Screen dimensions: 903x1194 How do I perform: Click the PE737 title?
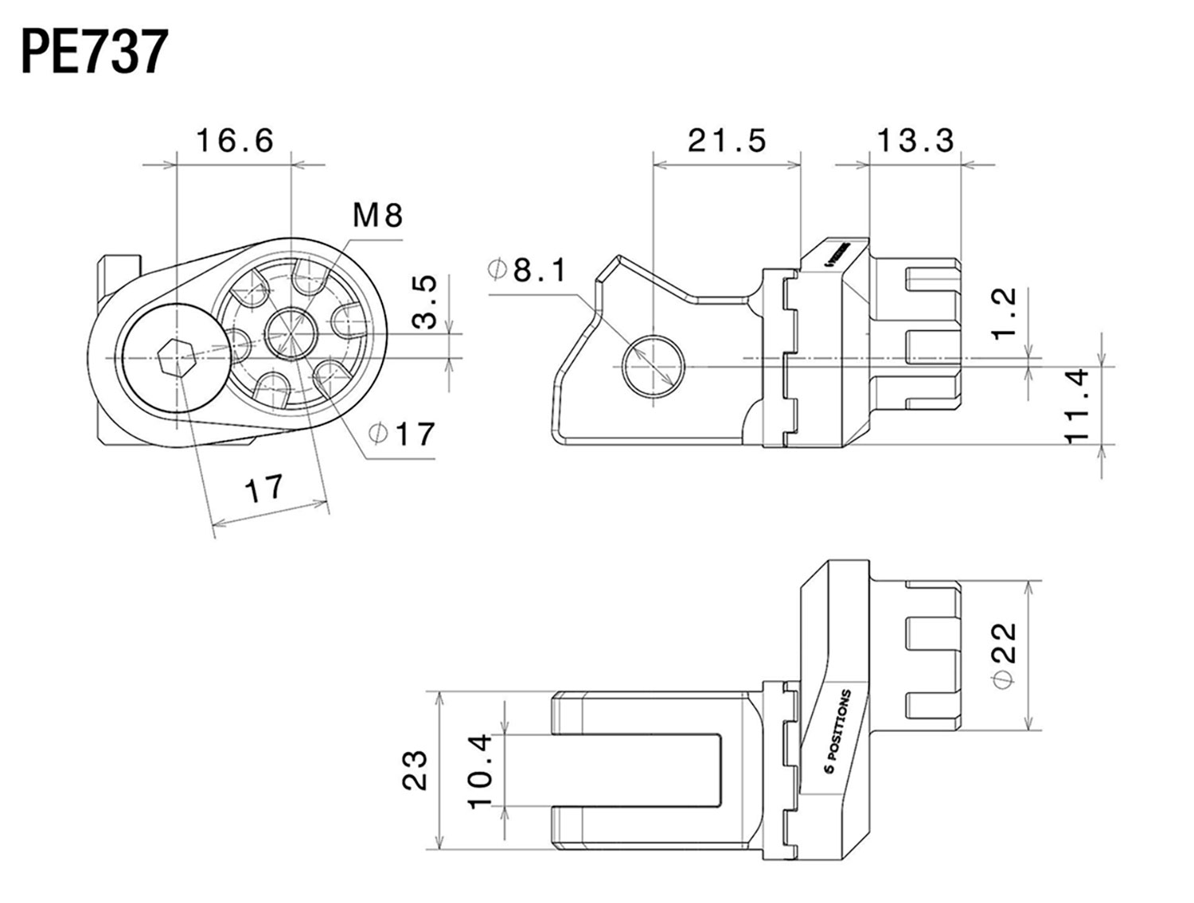click(94, 53)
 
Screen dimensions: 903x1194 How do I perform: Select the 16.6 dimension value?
click(235, 142)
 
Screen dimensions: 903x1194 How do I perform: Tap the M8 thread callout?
click(377, 215)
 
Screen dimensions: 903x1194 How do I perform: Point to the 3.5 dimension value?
click(427, 302)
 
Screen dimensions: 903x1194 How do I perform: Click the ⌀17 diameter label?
click(403, 434)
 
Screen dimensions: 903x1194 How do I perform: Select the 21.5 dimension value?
click(727, 141)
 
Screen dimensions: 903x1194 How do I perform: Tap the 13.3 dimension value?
click(915, 141)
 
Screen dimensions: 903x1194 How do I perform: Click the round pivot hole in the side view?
click(653, 366)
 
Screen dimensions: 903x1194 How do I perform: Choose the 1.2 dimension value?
click(1006, 313)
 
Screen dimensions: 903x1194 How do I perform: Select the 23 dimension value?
click(415, 770)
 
